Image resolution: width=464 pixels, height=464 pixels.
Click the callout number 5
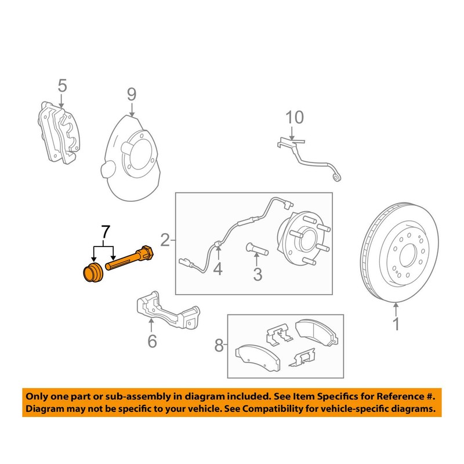(x=62, y=87)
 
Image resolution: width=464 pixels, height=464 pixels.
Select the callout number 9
(x=132, y=93)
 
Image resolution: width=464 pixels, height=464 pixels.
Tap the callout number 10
(x=295, y=118)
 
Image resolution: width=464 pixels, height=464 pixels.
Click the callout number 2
(x=165, y=240)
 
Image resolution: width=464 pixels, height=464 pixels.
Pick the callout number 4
(x=217, y=269)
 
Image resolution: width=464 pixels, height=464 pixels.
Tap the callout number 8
(x=219, y=346)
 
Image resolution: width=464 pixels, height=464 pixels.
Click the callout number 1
(x=396, y=325)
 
